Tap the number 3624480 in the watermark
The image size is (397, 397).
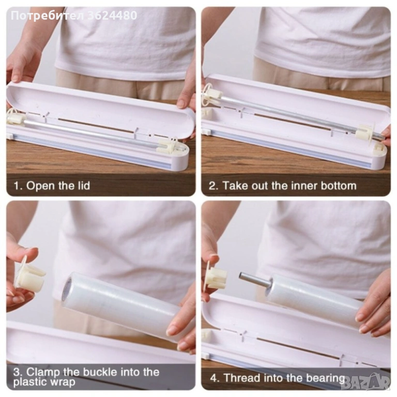coord(112,16)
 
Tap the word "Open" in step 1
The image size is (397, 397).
coord(41,186)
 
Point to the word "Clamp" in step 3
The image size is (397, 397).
coord(43,372)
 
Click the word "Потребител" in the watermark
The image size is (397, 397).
coord(48,16)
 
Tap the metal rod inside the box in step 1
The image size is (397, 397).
coord(91,134)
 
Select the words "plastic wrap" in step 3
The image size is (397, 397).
coord(44,382)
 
